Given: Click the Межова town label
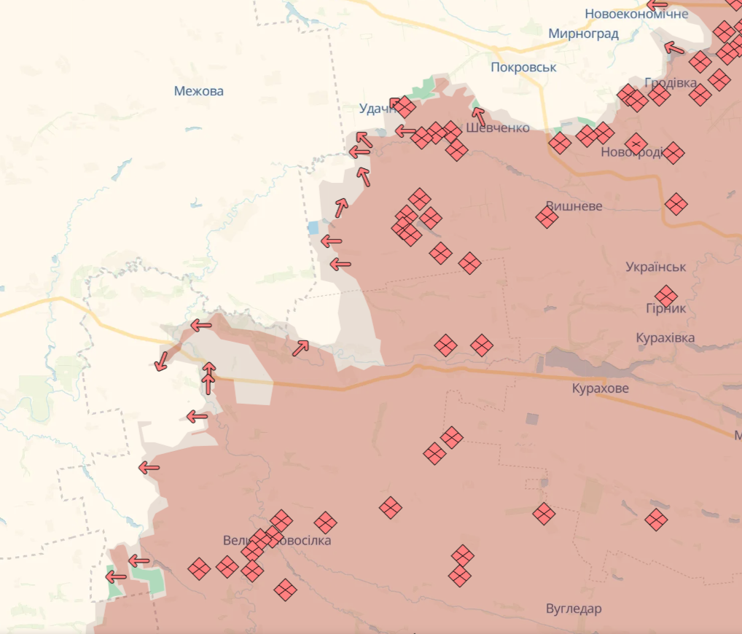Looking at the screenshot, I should [x=198, y=91].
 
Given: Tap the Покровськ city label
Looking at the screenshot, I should [x=523, y=67].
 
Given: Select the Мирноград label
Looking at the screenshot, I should [x=583, y=34].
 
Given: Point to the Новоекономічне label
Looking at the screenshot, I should [x=636, y=14].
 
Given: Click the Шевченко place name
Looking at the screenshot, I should [x=498, y=128].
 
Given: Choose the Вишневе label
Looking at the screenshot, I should [x=574, y=206].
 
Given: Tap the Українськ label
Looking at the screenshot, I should [x=655, y=267].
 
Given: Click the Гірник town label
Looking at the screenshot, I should [x=665, y=308].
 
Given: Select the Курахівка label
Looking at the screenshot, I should [x=665, y=338].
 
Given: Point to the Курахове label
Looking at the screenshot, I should [x=601, y=388].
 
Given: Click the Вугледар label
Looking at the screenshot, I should [x=574, y=608].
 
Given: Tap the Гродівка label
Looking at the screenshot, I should [x=671, y=82].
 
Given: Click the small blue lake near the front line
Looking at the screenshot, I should [x=313, y=227].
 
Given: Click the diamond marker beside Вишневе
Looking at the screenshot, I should [x=547, y=216].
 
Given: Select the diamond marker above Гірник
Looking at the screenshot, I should [x=665, y=296].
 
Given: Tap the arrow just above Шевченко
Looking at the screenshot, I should [x=478, y=115].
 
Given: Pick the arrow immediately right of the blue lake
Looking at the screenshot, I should [x=331, y=240].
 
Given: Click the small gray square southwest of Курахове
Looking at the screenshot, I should [x=532, y=419].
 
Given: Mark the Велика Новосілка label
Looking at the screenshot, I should [x=277, y=541].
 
